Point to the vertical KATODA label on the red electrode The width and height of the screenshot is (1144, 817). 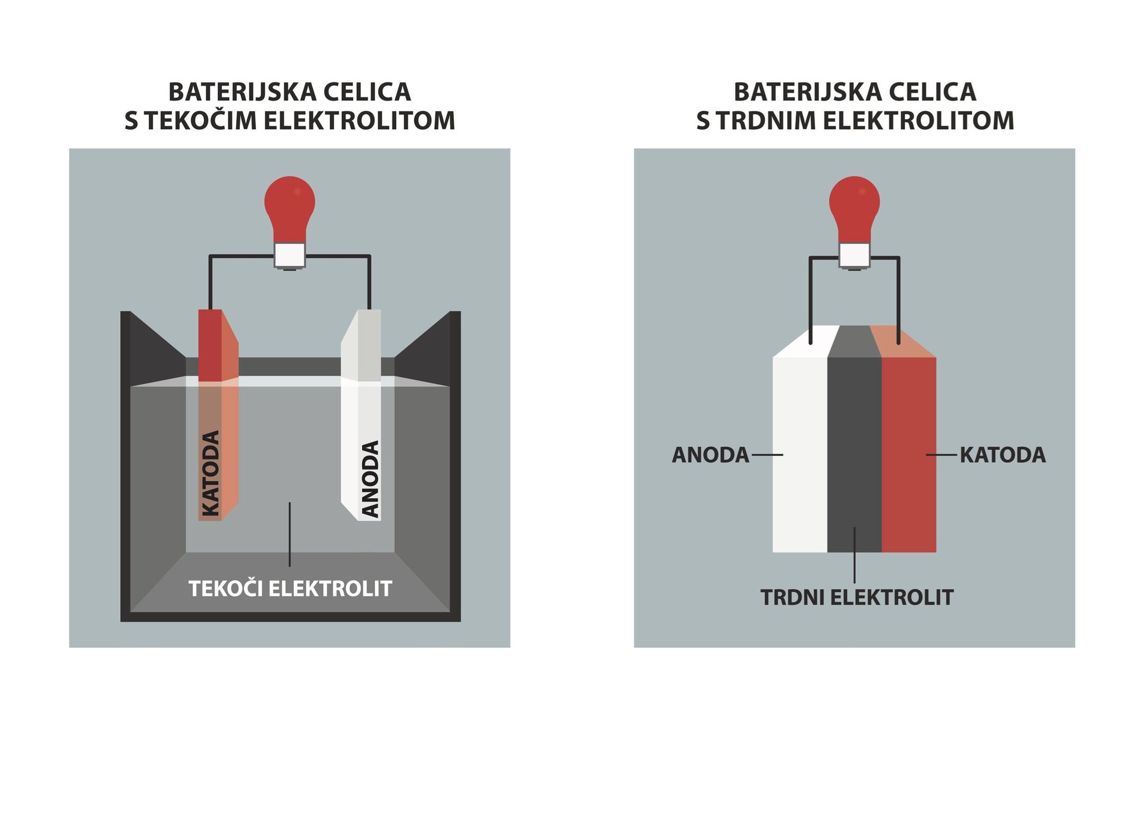click(211, 473)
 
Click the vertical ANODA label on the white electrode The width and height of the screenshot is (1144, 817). click(370, 478)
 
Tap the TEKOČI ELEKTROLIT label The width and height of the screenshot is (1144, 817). click(290, 589)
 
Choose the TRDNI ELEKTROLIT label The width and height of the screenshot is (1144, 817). click(857, 598)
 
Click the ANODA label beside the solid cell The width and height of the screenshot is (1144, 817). click(710, 455)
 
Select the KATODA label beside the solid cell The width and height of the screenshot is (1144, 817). click(1003, 455)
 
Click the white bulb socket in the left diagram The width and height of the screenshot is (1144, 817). click(290, 255)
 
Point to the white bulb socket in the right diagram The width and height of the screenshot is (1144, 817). click(854, 255)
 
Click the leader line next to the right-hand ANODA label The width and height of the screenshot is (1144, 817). click(767, 455)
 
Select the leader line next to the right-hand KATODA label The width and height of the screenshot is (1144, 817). click(941, 455)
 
